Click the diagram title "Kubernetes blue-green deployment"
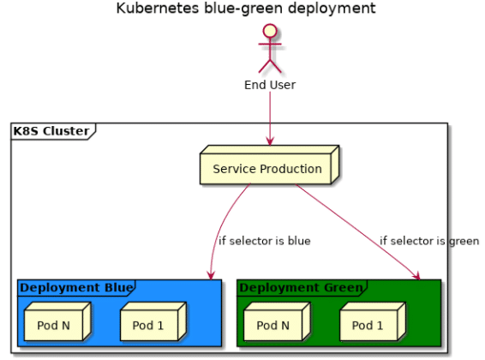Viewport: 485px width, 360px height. pos(246,9)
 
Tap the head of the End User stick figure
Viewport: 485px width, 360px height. pos(270,31)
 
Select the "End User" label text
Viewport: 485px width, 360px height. pos(270,85)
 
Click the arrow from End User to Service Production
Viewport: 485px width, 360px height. pos(270,118)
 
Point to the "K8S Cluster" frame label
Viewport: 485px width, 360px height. pos(51,131)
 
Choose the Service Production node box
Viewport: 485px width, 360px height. pos(270,165)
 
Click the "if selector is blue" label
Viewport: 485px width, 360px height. pos(265,241)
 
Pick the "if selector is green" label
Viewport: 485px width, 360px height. pos(429,241)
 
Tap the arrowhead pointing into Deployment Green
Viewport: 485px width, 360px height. pos(416,275)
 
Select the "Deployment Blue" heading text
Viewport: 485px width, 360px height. pos(77,288)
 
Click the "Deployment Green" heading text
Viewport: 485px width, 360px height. pos(302,288)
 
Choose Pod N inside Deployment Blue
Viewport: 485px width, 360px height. pos(57,321)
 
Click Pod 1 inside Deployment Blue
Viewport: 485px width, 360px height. pos(153,321)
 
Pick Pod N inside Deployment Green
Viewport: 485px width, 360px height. pos(277,321)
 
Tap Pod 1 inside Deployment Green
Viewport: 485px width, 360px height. pos(373,321)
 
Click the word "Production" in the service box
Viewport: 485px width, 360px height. pos(290,169)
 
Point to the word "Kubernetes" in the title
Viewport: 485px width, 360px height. pos(158,9)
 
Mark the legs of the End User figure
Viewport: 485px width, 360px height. pos(270,66)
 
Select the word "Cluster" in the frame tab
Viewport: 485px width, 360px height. pos(66,131)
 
